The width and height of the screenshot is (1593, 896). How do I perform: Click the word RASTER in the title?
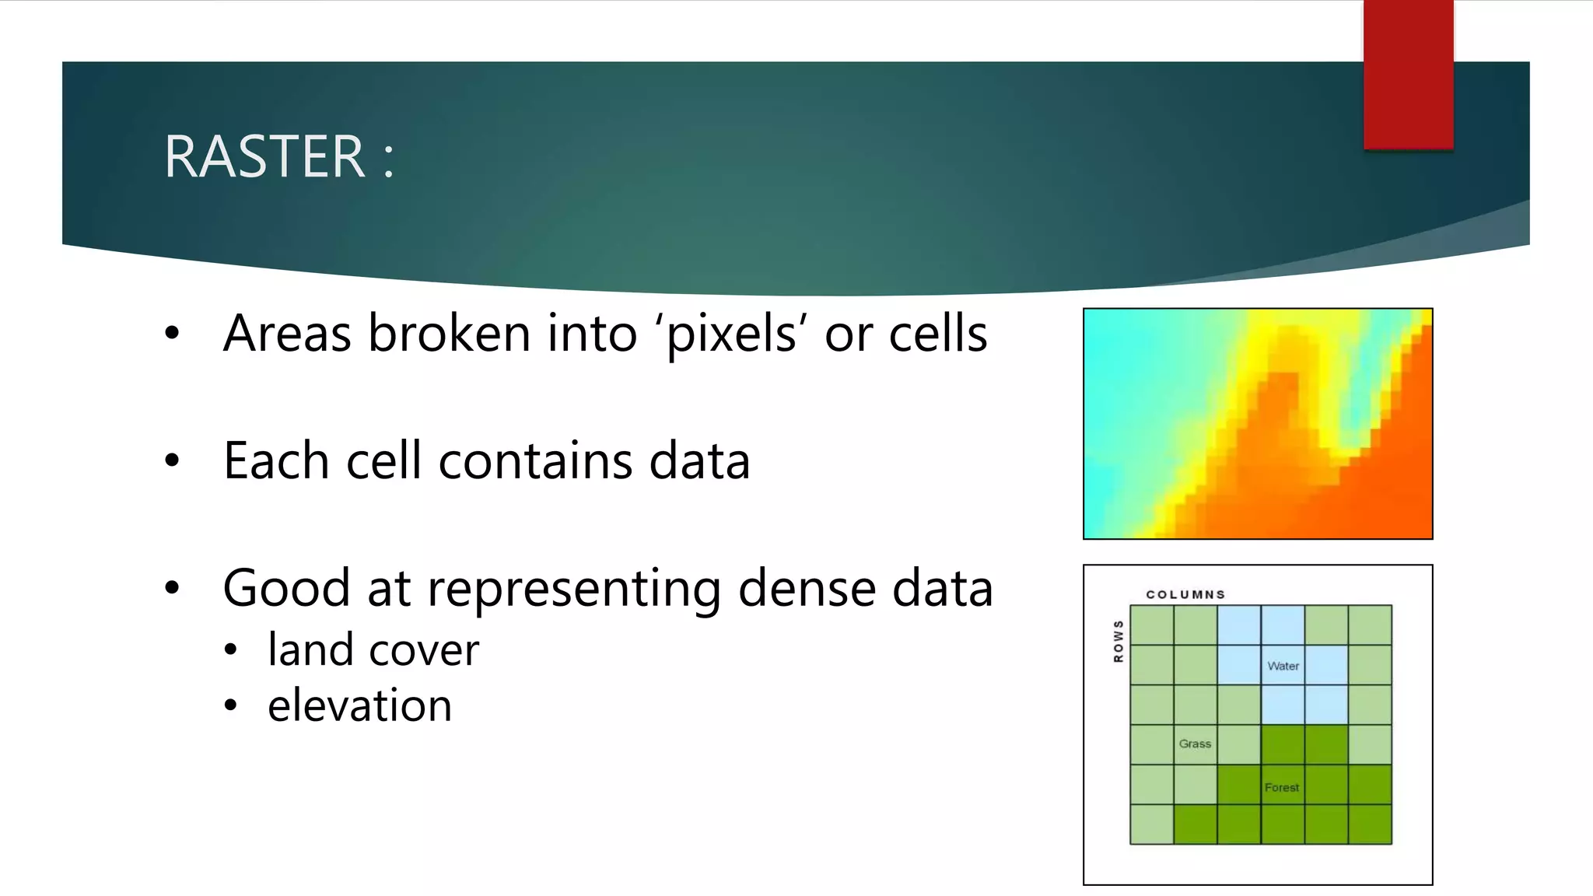tap(264, 157)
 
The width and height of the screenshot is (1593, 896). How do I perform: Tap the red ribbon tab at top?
tap(1408, 74)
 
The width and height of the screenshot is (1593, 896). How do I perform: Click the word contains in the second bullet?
tap(536, 460)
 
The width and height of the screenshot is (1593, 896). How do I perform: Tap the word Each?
tap(276, 460)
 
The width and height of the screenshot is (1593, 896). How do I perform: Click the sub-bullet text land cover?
tap(373, 649)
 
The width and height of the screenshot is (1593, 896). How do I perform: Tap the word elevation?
tap(359, 705)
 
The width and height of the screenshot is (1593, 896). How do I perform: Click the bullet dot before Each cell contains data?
tap(172, 460)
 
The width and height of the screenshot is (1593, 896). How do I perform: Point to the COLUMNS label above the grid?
tap(1185, 594)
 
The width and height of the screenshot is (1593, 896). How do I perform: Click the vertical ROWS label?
tap(1119, 641)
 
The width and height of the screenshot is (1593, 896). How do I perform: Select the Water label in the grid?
tap(1283, 666)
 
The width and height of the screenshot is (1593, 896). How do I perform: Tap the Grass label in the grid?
tap(1195, 744)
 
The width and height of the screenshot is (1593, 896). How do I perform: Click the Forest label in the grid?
tap(1281, 787)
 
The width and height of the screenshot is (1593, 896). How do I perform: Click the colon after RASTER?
tap(388, 159)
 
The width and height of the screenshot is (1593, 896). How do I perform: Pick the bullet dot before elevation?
tap(230, 706)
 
